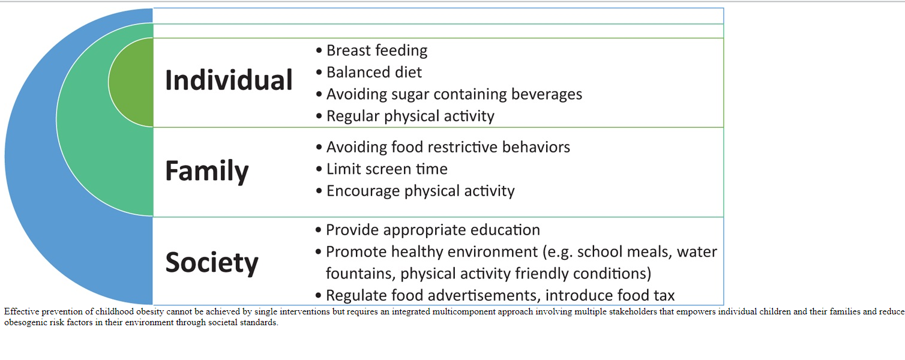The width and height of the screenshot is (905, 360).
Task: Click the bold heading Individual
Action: tap(229, 80)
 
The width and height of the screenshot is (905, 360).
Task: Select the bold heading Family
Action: tap(207, 172)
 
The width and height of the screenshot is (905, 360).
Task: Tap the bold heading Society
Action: tap(212, 263)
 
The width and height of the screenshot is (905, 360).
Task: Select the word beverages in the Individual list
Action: tap(547, 94)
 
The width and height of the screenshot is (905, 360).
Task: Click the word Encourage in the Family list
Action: tap(363, 191)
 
